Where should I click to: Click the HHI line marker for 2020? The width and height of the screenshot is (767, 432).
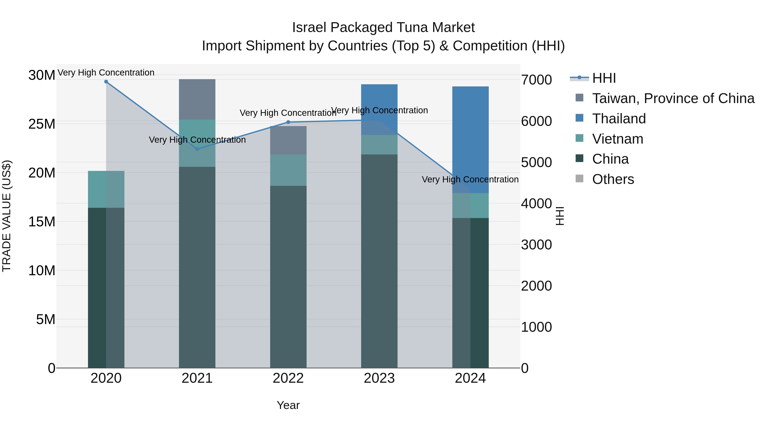coord(106,82)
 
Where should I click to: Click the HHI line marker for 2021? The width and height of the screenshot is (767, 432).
coord(197,149)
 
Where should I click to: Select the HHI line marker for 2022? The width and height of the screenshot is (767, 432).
coord(288,122)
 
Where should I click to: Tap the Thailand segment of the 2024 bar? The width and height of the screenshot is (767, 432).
coord(470,140)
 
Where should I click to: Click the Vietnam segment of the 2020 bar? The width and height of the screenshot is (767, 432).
coord(106,189)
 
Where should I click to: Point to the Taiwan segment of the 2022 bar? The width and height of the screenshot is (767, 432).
coord(288,140)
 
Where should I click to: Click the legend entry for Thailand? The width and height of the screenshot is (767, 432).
coord(619,119)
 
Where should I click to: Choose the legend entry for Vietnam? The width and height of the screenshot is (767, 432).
coord(617,139)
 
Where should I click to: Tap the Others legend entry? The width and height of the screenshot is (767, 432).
coord(613,179)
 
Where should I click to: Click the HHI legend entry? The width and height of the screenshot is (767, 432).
coord(604,78)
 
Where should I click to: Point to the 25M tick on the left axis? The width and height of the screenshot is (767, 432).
coord(42,124)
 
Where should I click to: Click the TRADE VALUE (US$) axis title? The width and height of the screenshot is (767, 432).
coord(7,216)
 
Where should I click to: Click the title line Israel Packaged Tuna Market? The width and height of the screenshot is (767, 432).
coord(383,28)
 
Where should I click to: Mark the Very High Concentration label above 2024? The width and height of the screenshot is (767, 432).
coord(470,179)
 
